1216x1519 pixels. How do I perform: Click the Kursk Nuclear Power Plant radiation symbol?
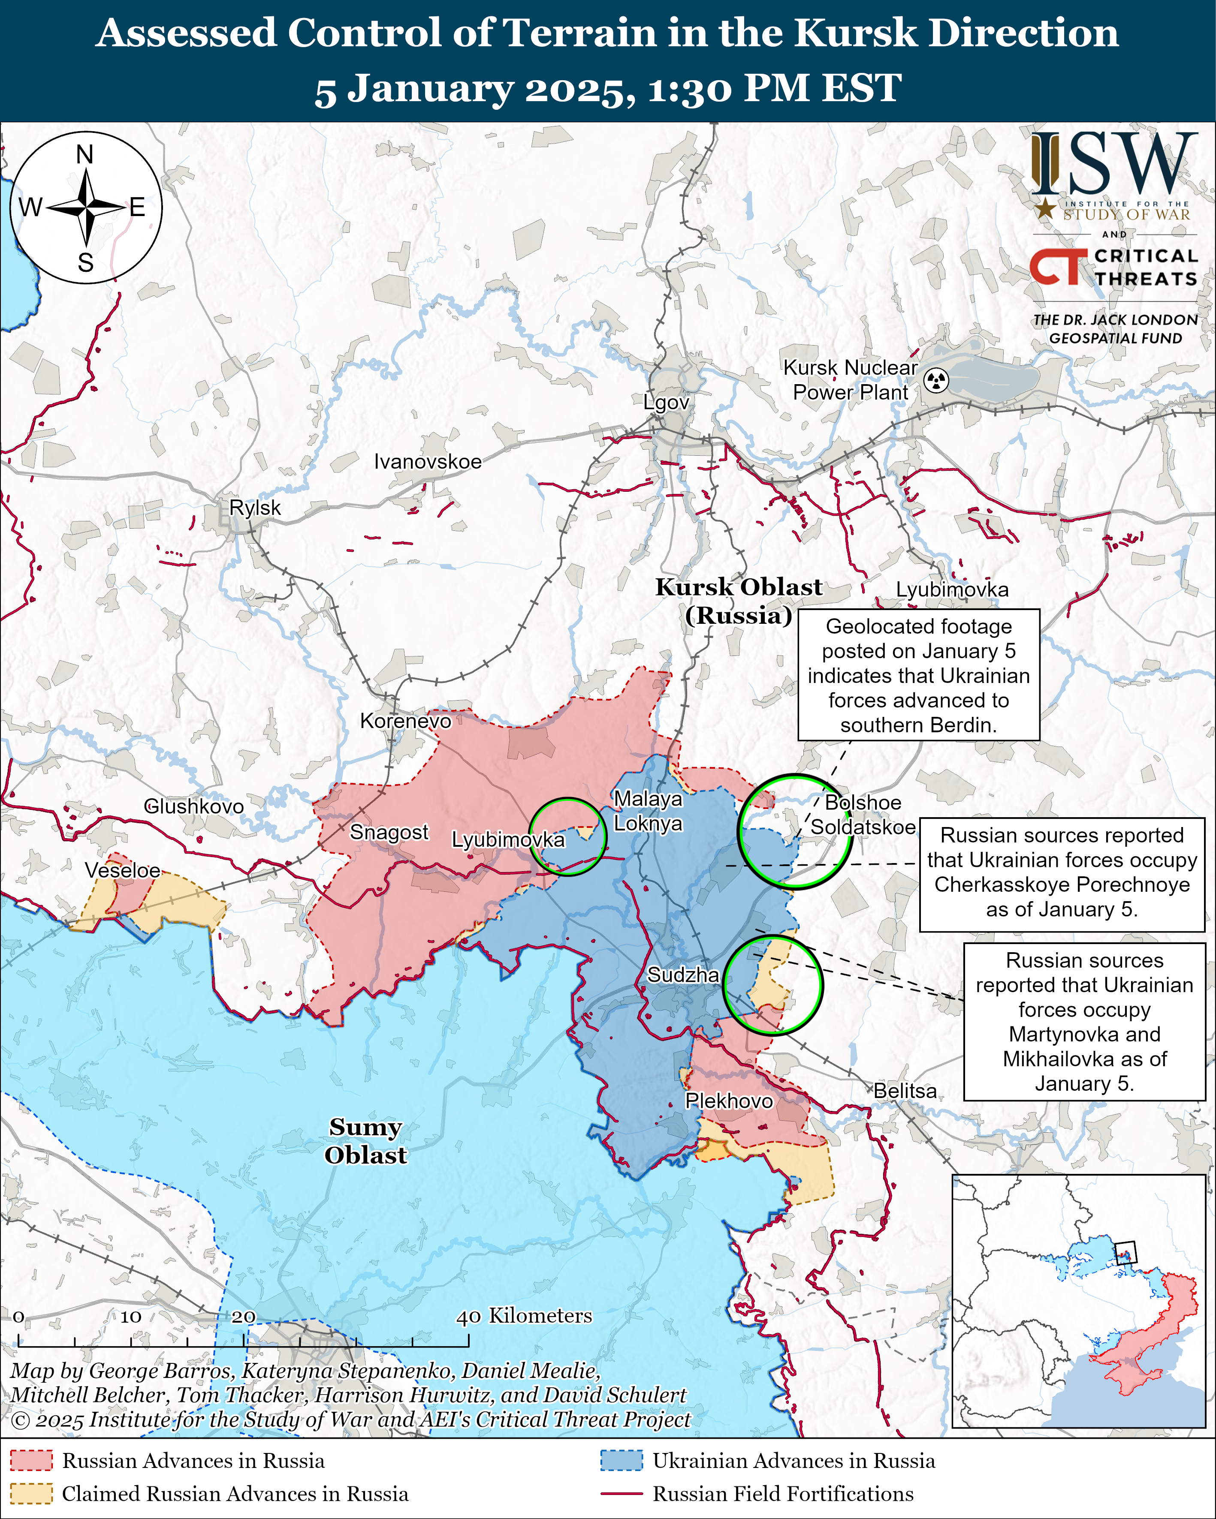point(936,380)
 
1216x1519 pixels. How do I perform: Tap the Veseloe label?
point(123,870)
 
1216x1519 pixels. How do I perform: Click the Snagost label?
point(389,832)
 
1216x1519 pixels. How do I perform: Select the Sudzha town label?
point(682,975)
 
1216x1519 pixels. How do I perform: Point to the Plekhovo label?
point(729,1101)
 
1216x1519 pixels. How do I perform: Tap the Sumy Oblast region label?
point(365,1141)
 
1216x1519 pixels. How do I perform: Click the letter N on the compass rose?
point(84,154)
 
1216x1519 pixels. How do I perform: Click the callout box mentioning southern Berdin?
point(918,675)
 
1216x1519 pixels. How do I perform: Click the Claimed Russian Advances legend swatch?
point(31,1494)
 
